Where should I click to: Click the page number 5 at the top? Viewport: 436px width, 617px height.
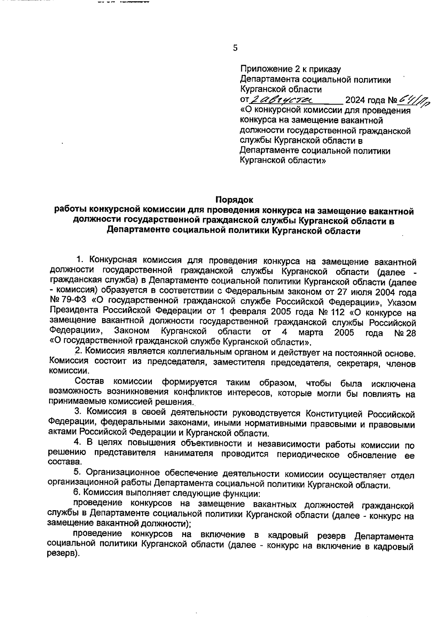(235, 48)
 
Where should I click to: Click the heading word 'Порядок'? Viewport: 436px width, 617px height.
(234, 199)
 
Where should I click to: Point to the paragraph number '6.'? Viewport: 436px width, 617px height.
(77, 493)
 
